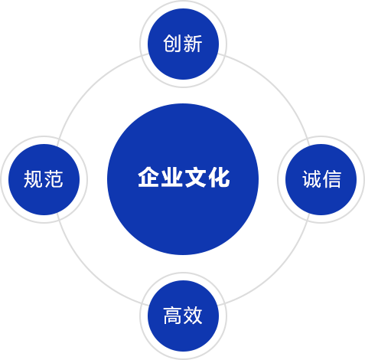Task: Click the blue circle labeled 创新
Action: pos(183,44)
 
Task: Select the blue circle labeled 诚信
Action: pos(321,179)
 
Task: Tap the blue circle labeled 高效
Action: pos(183,316)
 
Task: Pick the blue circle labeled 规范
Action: pos(44,179)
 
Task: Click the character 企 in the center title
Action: pos(149,178)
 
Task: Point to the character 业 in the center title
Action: pos(172,178)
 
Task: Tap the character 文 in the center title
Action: pos(196,178)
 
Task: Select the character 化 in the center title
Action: pos(219,178)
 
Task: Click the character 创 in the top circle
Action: pos(172,44)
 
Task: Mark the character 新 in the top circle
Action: pos(193,44)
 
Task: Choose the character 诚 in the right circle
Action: pos(311,179)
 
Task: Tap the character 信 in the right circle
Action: pos(332,179)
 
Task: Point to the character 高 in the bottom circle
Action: pos(172,316)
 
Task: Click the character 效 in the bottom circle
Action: pos(193,316)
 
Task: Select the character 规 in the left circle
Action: pos(33,179)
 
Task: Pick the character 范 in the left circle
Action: pos(54,179)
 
